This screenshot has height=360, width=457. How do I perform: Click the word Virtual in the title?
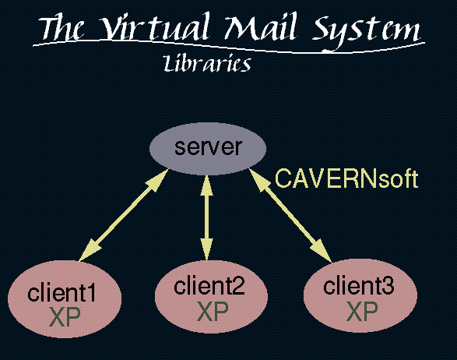pyautogui.click(x=156, y=26)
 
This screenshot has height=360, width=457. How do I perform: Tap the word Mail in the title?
pyautogui.click(x=262, y=26)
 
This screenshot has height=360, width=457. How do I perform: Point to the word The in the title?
pyautogui.click(x=62, y=28)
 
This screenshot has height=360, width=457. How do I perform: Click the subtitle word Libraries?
pyautogui.click(x=207, y=62)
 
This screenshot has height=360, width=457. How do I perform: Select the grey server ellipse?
pyautogui.click(x=208, y=149)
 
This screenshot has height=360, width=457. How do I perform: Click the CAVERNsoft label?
pyautogui.click(x=346, y=178)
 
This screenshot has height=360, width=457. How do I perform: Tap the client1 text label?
pyautogui.click(x=62, y=293)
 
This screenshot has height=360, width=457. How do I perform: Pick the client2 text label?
pyautogui.click(x=209, y=286)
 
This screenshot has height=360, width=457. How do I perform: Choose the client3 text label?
pyautogui.click(x=358, y=285)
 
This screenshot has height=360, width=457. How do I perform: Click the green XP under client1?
pyautogui.click(x=65, y=317)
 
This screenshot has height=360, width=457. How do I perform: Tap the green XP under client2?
pyautogui.click(x=213, y=311)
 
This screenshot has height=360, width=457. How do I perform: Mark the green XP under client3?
pyautogui.click(x=362, y=311)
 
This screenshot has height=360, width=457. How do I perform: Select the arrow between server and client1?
pyautogui.click(x=124, y=215)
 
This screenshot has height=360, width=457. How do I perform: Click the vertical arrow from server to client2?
pyautogui.click(x=206, y=217)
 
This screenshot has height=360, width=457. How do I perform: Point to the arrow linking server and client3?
pyautogui.click(x=290, y=215)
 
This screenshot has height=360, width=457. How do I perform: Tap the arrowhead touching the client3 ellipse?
pyautogui.click(x=322, y=252)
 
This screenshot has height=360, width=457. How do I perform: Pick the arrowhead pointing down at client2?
pyautogui.click(x=206, y=249)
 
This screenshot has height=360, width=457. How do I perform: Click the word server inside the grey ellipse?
pyautogui.click(x=208, y=146)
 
